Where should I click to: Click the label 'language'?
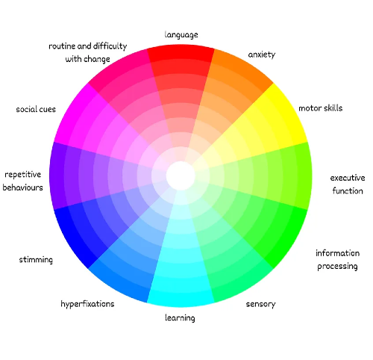click(181, 35)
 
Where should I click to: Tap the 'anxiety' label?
click(262, 55)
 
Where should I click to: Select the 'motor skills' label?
click(320, 108)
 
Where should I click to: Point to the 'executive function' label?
click(348, 184)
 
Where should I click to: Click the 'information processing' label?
click(337, 260)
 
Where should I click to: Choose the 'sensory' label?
click(260, 304)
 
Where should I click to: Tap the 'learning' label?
click(180, 318)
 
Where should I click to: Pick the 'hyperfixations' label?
click(87, 304)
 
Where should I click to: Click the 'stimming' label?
click(36, 260)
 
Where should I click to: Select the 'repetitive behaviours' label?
click(22, 181)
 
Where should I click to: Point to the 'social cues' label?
click(36, 109)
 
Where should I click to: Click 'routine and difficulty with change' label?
click(87, 52)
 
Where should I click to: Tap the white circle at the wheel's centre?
click(181, 176)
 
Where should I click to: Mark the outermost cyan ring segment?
click(181, 300)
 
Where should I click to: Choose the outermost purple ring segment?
click(57, 176)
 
